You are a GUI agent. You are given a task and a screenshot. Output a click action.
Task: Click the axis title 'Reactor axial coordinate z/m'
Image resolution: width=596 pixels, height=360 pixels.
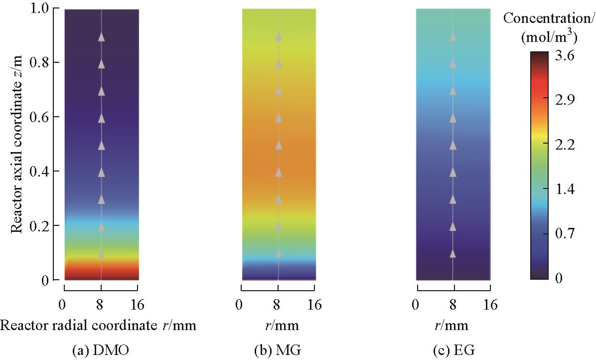coord(17,145)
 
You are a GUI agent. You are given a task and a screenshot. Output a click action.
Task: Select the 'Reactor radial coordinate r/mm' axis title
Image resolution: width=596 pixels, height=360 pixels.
coord(98,326)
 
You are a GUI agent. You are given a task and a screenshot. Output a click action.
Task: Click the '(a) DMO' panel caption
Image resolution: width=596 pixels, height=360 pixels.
coord(101,351)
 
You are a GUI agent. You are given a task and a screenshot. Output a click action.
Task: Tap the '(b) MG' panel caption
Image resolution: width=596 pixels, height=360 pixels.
coord(278,351)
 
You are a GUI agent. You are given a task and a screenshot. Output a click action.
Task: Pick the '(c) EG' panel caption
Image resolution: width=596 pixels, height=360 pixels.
coord(452,351)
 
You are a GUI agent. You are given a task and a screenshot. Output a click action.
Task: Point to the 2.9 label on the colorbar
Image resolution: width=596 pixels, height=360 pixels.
coord(564,100)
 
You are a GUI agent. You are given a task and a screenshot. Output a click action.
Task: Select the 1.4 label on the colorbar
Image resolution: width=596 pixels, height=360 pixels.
coord(564,189)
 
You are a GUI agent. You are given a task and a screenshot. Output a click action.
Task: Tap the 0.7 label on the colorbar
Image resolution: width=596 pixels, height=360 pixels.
coord(564,233)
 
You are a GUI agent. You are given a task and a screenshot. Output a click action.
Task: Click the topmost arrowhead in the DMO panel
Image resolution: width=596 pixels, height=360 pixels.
coord(101,37)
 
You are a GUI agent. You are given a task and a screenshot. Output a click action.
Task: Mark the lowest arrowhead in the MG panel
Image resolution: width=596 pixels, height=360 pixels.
coord(279,254)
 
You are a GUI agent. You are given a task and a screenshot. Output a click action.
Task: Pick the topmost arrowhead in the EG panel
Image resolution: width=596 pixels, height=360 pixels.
coord(452,37)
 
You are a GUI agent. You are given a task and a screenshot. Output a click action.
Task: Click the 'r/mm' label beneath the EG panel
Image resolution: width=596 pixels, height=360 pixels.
coord(453,326)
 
